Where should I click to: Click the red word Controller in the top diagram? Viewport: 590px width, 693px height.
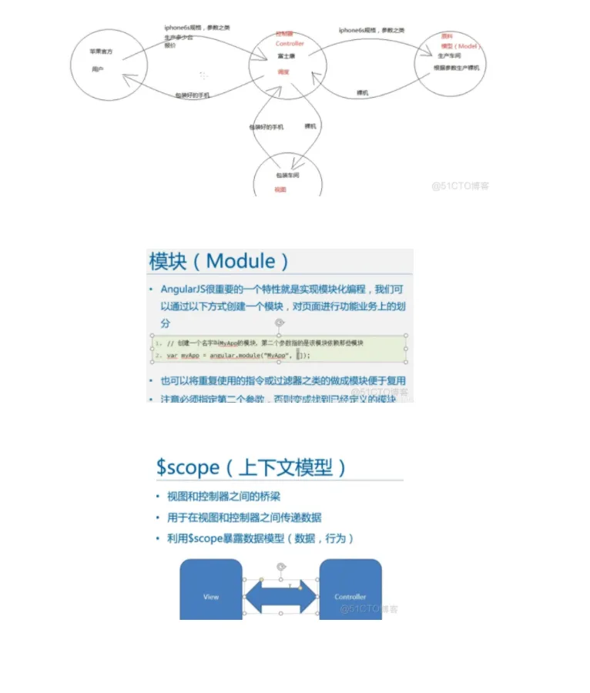(x=290, y=44)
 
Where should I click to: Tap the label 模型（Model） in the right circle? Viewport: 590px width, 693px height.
(x=461, y=46)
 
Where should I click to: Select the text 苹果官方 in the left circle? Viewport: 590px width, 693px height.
(x=102, y=52)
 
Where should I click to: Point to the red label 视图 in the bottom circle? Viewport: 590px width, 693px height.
(x=280, y=189)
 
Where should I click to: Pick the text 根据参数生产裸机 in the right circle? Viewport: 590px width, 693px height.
(x=457, y=68)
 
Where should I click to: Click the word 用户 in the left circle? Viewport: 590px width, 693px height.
(x=97, y=69)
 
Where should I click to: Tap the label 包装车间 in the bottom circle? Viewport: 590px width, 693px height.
(x=287, y=176)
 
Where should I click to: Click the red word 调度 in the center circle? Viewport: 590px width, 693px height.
(x=283, y=72)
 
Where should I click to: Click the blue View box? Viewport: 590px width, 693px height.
(x=211, y=590)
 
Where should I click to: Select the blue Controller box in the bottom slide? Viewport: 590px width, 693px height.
(x=350, y=590)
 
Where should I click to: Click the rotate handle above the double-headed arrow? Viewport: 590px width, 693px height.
(x=281, y=566)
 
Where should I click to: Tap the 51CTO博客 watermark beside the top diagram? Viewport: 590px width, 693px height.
(x=460, y=186)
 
